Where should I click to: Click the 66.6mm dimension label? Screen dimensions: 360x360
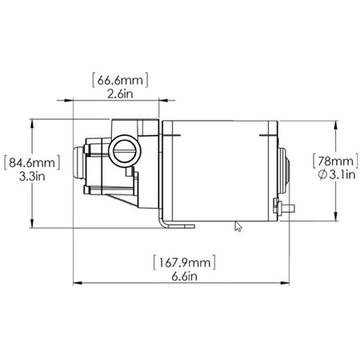coord(120,80)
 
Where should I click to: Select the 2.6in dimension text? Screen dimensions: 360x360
coord(120,94)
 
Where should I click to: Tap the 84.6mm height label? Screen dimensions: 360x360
coord(32,162)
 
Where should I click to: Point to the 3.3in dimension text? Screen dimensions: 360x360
coord(32,177)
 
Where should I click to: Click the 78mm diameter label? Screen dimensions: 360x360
coord(335,161)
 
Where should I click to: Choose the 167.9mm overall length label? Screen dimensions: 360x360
coord(184,262)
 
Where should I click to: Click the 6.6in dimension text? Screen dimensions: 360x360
coord(184,277)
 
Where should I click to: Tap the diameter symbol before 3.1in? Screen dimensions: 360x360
coord(322,174)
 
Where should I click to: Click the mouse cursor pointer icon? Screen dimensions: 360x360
coord(238,226)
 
